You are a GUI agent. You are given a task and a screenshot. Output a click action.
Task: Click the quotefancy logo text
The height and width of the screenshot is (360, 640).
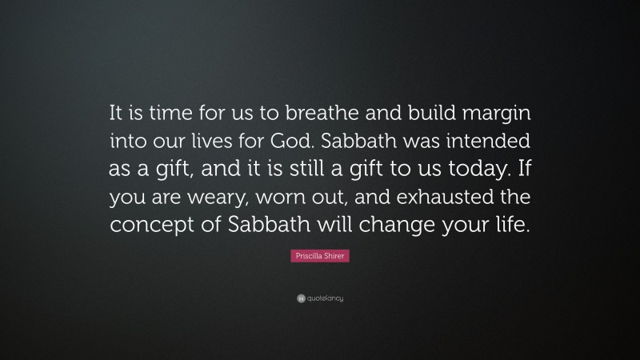(x=325, y=298)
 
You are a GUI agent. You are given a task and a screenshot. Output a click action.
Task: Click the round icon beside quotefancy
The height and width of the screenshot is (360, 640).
(x=299, y=298)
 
